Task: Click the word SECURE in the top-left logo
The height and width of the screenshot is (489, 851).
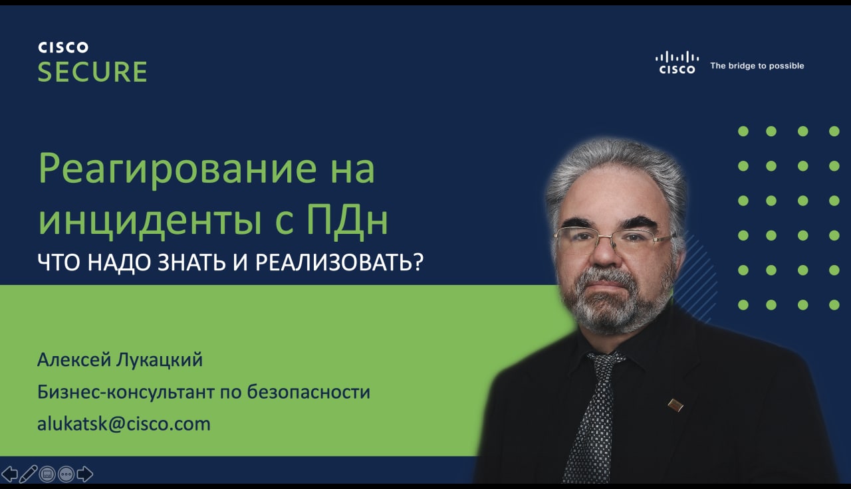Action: click(x=92, y=72)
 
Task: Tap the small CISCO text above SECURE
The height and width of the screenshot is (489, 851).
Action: click(x=63, y=47)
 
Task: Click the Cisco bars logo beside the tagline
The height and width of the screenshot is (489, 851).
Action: click(x=677, y=62)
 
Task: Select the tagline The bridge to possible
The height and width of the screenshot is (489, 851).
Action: click(x=757, y=66)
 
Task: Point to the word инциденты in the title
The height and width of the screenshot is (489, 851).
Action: click(x=150, y=222)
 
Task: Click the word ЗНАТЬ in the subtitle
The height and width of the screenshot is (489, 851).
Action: click(x=192, y=262)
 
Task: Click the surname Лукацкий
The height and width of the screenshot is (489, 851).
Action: click(x=160, y=360)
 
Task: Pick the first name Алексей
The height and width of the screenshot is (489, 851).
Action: click(x=74, y=360)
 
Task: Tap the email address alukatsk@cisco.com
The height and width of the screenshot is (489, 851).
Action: click(x=124, y=424)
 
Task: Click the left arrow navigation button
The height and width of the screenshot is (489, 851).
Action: click(x=9, y=474)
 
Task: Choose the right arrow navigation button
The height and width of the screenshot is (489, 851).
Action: click(x=84, y=474)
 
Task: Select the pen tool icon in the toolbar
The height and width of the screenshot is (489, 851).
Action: click(x=28, y=474)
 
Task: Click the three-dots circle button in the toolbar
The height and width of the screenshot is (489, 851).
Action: click(x=66, y=474)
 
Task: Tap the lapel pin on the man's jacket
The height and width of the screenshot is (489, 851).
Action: click(x=675, y=405)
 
